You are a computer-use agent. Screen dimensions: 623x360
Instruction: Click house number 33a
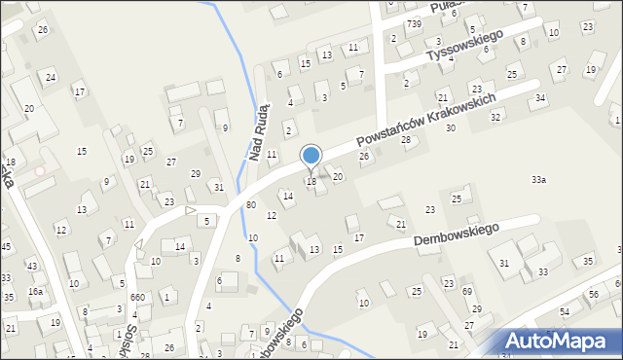[x=538, y=180]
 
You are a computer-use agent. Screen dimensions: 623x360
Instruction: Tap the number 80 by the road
[x=251, y=204]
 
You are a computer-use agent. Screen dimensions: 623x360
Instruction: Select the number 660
[x=137, y=298]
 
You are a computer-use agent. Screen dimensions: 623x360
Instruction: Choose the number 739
[x=415, y=23]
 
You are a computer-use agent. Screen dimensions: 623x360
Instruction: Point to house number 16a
[x=35, y=292]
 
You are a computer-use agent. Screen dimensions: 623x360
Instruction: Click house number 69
[x=467, y=292]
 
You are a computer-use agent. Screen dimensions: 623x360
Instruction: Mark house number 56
[x=593, y=295]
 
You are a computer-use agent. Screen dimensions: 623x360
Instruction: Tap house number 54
[x=564, y=312]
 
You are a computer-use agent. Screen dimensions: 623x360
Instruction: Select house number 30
[x=450, y=128]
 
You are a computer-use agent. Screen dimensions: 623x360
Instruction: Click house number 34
[x=539, y=98]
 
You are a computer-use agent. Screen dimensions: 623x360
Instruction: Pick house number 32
[x=495, y=117]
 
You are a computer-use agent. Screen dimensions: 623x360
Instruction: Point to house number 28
[x=406, y=140]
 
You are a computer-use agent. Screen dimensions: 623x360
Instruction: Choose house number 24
[x=51, y=76]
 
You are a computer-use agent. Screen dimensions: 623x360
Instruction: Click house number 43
[x=31, y=266]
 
